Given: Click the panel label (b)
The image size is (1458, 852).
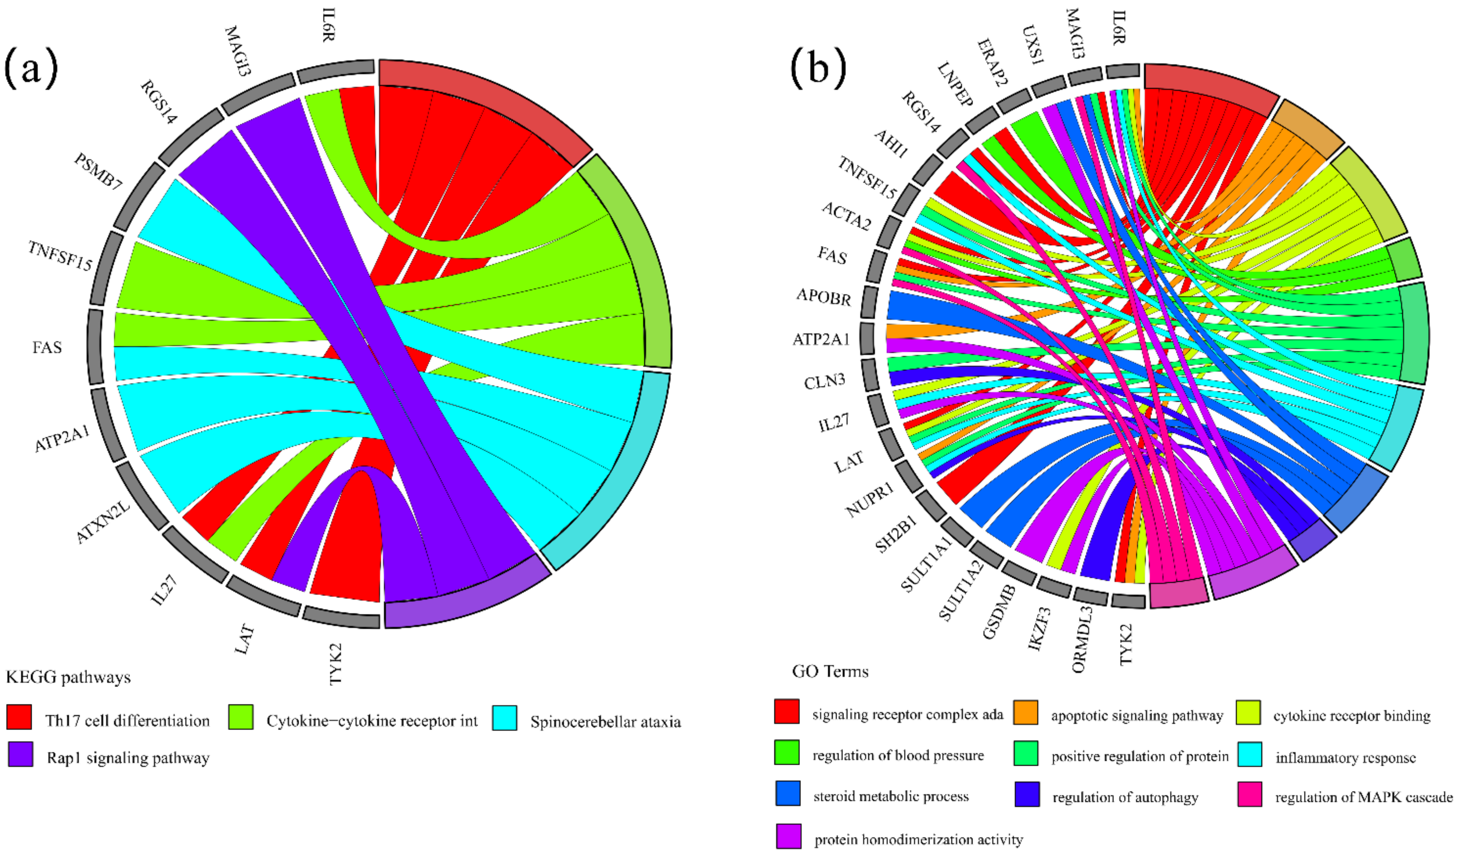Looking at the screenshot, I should [818, 68].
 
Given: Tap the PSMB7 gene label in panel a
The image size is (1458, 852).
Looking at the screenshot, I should [98, 172].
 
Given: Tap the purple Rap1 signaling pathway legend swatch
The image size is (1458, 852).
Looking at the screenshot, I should [20, 754].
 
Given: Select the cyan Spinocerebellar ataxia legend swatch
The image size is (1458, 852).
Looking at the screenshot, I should [505, 718].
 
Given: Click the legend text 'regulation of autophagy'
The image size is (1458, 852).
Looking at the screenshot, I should [1125, 797].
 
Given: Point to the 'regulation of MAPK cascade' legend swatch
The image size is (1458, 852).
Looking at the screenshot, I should [1250, 794].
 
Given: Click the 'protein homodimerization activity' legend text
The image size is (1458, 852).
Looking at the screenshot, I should [918, 839].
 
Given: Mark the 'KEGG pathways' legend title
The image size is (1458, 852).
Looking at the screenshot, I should [68, 677].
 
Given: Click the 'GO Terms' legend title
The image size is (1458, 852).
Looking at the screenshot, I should [830, 671].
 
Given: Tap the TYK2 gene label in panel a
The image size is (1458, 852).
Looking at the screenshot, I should [335, 664].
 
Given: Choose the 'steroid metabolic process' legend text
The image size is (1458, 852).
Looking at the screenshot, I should [890, 796].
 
